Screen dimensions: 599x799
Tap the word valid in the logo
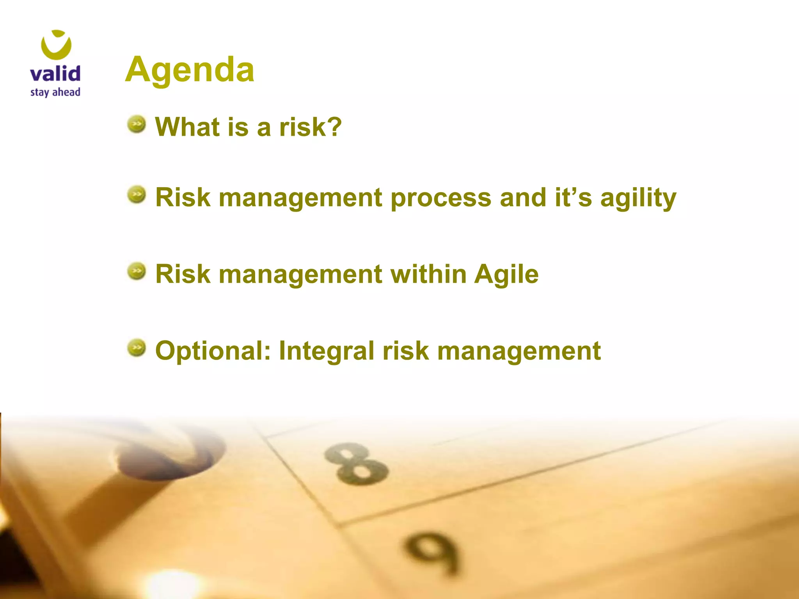pos(55,74)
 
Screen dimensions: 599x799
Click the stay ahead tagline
pos(55,92)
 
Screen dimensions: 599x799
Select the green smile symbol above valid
pos(56,45)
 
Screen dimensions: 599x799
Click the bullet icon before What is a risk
pos(137,124)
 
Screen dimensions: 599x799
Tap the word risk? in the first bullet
pos(310,127)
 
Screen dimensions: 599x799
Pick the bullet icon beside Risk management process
pos(137,195)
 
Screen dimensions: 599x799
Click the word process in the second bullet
pos(441,198)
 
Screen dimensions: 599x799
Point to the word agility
pos(638,198)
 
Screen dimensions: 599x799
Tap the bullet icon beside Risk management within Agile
pos(137,271)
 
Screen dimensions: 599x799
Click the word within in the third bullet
pos(428,274)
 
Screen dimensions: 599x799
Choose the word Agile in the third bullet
pos(506,275)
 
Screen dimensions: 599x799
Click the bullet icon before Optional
pos(137,348)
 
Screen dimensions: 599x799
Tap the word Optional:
pos(213,351)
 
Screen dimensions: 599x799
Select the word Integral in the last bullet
pos(327,351)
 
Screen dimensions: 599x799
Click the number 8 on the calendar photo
pos(356,464)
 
